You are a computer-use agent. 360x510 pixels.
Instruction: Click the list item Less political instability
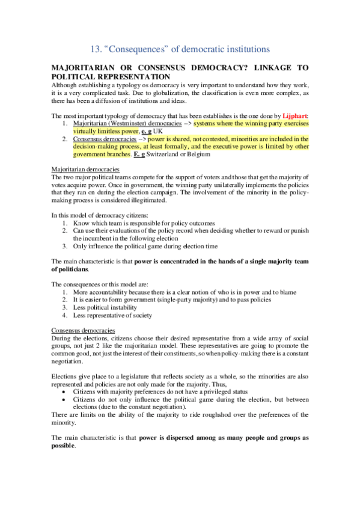click(105, 307)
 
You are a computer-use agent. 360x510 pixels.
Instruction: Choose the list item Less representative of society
click(112, 315)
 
